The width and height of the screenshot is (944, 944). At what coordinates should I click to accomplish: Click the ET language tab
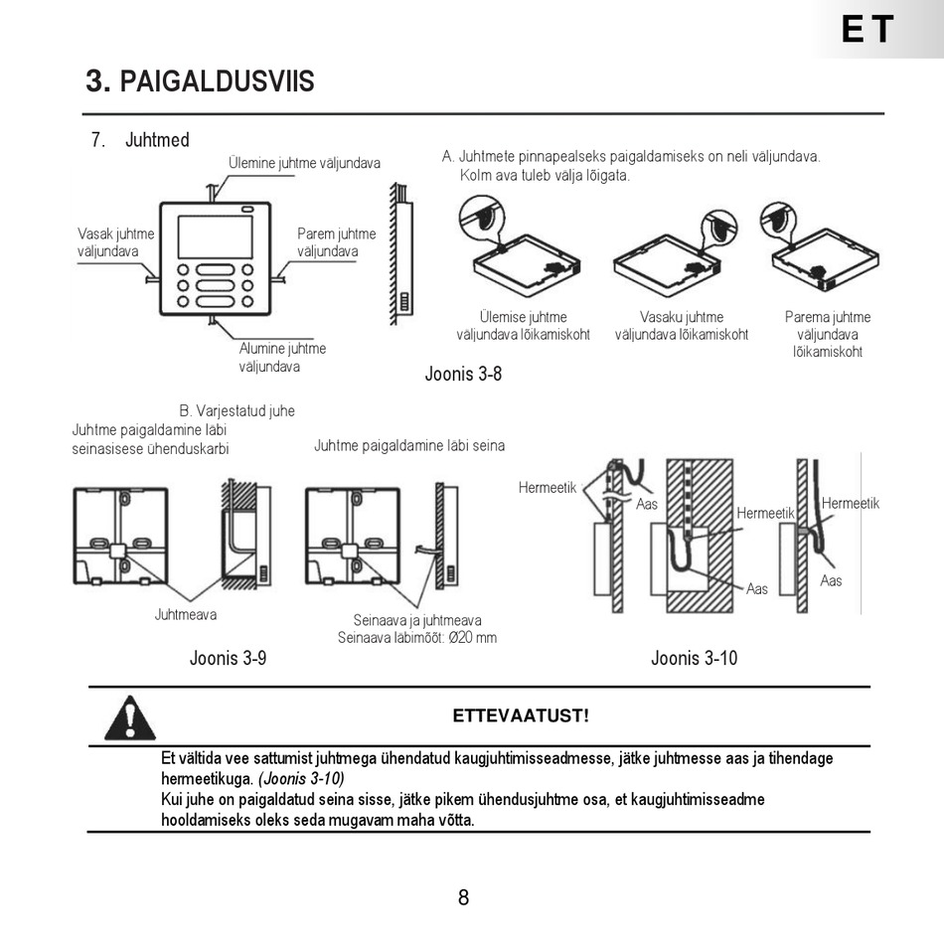coord(867,30)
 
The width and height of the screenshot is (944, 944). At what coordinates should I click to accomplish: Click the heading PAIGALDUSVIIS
coord(200,81)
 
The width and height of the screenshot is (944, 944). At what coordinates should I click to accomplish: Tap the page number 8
coord(463,898)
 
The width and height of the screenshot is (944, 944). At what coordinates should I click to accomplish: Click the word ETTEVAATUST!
coord(521,715)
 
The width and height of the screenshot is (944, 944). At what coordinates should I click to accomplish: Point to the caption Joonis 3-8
coord(463,375)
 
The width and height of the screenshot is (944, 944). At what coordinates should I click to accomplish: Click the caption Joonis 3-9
coord(228,658)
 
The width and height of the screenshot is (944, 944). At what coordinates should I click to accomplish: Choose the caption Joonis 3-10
coord(694,658)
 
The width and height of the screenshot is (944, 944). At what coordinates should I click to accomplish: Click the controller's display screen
coord(215,236)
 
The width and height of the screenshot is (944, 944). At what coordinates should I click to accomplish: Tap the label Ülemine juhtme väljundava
coord(304,163)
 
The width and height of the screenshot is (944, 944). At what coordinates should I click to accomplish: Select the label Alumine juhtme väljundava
coord(282,358)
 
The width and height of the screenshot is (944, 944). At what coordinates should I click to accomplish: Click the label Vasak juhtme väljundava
coord(116,242)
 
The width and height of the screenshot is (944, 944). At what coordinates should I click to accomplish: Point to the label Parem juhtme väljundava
coord(336,242)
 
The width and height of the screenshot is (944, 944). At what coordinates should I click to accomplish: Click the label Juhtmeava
coord(186,615)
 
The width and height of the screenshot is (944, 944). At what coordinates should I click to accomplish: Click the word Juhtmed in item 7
coord(157,140)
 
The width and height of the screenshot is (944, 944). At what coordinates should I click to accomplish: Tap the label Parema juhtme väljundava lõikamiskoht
coord(827,335)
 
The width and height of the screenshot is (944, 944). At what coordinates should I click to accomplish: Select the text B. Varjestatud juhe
coord(236,410)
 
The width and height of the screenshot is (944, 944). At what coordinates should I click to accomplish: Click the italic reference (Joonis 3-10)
coord(301,779)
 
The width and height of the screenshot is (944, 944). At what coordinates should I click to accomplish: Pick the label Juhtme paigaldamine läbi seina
coord(409,445)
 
